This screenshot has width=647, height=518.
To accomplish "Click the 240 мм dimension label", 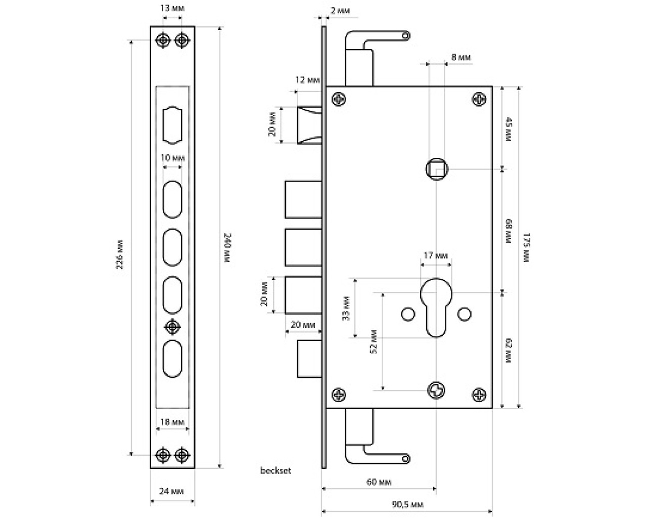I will tap(227, 247).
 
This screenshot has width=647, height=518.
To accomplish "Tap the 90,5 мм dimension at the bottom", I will tap(408, 504).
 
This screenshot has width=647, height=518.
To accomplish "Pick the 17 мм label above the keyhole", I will tap(435, 255).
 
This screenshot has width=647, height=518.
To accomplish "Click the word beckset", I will tap(275, 470).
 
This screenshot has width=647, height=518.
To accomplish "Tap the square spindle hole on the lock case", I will tap(436, 168).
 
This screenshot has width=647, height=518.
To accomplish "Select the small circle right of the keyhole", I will tap(463, 314).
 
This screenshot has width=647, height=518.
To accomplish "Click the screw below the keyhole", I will tap(436, 390).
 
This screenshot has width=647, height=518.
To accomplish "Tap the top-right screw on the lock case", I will tap(479, 99).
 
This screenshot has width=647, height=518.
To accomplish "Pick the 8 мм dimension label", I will tap(460, 57).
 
